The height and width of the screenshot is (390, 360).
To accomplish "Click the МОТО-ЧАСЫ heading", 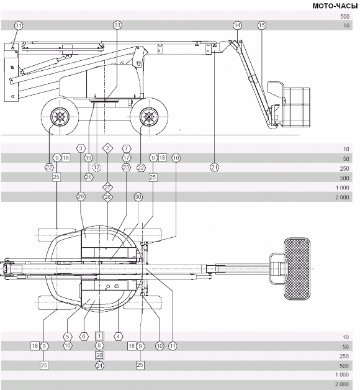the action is [x=335, y=6].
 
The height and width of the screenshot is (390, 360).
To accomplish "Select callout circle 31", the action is [x=18, y=25].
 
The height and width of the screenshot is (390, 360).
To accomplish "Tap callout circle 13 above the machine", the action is [x=117, y=25].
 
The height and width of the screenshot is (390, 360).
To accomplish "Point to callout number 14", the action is [x=238, y=25].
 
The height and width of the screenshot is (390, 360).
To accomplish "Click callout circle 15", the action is [x=261, y=25].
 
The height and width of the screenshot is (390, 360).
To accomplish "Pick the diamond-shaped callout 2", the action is [x=107, y=148].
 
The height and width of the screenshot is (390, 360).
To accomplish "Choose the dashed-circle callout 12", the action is [x=97, y=168].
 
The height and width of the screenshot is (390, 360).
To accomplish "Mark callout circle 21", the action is [x=214, y=168].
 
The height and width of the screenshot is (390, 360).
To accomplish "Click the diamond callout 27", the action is [x=107, y=187].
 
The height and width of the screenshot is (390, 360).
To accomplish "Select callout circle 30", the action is [x=138, y=197].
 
